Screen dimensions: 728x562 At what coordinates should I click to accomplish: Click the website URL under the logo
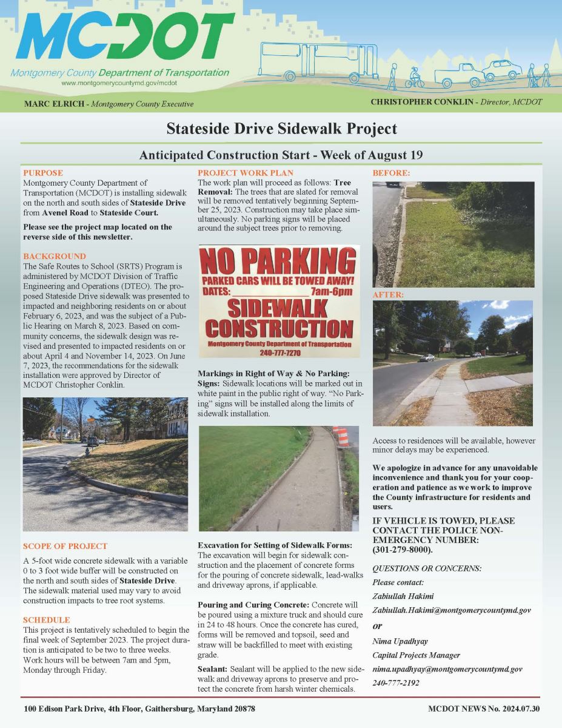tap(119, 82)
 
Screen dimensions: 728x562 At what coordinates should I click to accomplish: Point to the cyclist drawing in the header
tap(415, 78)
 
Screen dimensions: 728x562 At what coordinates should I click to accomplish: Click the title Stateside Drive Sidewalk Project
tap(281, 129)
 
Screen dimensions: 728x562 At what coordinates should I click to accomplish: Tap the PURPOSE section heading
tap(42, 173)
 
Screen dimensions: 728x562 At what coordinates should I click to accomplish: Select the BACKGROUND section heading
tap(54, 256)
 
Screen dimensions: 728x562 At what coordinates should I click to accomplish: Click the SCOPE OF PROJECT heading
tap(65, 546)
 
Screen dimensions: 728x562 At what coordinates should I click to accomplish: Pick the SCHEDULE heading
tap(46, 620)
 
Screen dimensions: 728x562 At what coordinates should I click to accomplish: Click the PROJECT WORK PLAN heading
tap(246, 173)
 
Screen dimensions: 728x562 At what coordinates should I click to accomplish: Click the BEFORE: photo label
tap(391, 173)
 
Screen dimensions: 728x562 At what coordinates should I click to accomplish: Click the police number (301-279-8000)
tap(403, 550)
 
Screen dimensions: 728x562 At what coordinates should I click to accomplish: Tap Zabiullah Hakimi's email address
tap(452, 610)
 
